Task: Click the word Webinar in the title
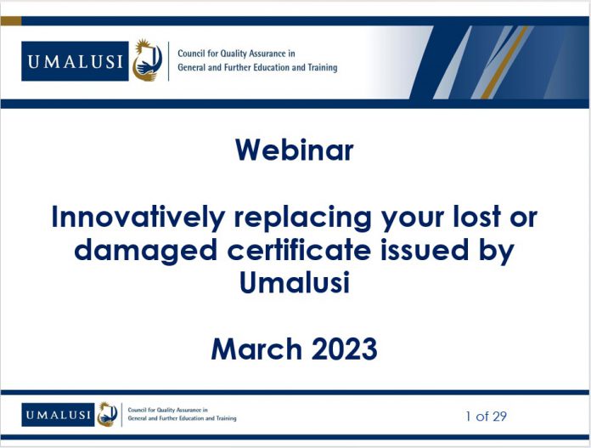click(295, 150)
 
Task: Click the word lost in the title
click(476, 217)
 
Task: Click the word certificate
click(299, 249)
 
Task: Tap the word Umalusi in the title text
click(295, 283)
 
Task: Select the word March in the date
click(256, 349)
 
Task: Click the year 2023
click(344, 349)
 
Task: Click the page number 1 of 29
click(486, 417)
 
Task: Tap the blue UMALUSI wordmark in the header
click(75, 61)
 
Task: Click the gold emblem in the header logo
click(147, 60)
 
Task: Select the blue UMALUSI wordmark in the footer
click(58, 415)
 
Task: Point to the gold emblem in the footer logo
click(108, 414)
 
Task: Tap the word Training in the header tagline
click(323, 67)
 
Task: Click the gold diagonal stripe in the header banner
click(504, 62)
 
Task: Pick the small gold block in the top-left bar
click(11, 20)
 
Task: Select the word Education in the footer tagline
click(191, 418)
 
